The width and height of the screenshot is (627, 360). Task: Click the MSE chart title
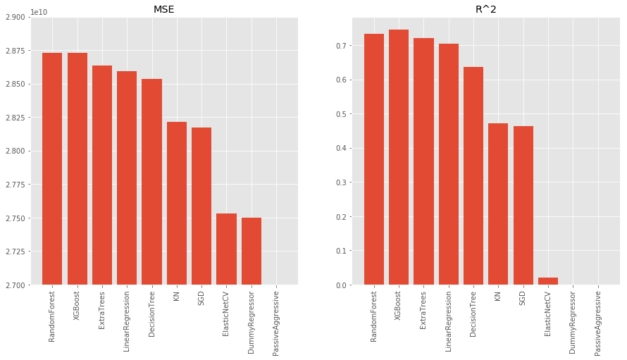point(164,9)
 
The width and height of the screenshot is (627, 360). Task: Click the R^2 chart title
point(485,9)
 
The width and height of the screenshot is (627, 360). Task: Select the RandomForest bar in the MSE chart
point(52,169)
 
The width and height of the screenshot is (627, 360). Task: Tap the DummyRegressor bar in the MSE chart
point(252,251)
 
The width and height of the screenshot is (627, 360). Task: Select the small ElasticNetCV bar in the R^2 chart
point(548,281)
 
